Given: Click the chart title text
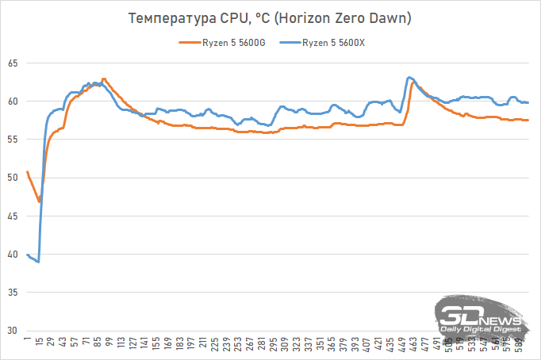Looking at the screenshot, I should click(270, 17).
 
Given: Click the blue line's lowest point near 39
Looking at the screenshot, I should click(37, 262).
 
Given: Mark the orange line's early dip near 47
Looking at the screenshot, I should click(39, 201).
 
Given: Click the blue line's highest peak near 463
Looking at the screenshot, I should click(409, 77).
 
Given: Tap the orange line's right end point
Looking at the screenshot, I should click(528, 120).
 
